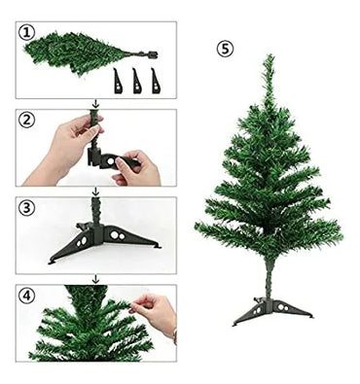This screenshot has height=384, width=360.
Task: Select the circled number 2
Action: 28,121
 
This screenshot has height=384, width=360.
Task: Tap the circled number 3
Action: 28,207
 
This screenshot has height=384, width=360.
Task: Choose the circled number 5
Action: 227,48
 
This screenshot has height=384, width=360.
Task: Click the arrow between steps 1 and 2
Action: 95,102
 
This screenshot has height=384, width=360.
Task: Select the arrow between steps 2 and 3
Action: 95,191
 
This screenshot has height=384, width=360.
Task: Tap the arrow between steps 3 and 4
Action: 95,278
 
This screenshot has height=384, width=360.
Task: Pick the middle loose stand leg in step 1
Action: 135,80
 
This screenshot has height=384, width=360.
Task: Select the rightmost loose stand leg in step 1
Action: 155,80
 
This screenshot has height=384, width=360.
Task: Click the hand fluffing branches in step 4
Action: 156,311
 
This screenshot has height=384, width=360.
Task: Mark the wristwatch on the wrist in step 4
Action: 173,336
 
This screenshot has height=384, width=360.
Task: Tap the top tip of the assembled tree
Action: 268,58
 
